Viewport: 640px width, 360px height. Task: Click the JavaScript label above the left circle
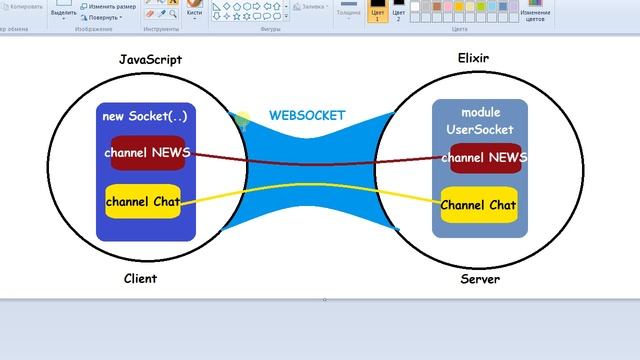click(150, 60)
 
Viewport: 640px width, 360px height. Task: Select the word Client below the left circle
click(140, 279)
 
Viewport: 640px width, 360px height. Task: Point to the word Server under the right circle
click(479, 279)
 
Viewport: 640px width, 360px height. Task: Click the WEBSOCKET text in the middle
click(307, 115)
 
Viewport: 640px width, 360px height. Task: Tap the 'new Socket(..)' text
click(145, 116)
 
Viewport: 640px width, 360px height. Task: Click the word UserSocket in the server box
click(480, 130)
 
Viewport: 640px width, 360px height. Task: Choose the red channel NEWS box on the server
click(484, 158)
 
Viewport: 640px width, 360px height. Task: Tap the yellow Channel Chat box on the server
click(479, 206)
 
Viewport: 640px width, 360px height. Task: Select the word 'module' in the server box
click(480, 111)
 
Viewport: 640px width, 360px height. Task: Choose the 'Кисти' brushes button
click(194, 13)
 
